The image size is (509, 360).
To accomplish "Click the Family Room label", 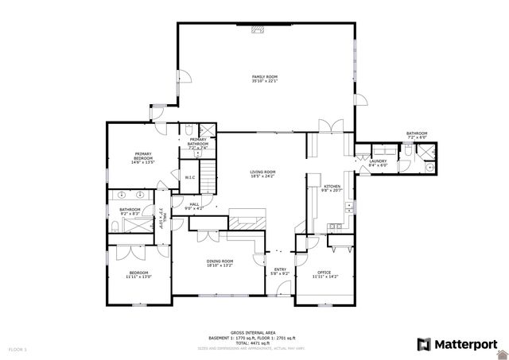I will tap(265, 76).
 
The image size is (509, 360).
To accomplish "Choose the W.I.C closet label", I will tap(190, 177).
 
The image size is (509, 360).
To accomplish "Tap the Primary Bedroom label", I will tap(143, 154).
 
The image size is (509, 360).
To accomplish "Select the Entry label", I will tap(281, 269).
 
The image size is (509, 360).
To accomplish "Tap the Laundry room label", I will tap(378, 161).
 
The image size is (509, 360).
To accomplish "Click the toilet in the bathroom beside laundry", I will tap(406, 166).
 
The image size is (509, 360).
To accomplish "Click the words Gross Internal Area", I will tap(254, 332).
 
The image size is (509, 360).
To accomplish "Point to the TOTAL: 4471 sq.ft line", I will tap(254, 343).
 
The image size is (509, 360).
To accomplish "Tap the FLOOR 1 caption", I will tap(17, 348).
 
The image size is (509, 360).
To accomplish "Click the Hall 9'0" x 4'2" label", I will tap(193, 205).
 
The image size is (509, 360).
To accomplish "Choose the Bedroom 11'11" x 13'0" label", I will tap(137, 275).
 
